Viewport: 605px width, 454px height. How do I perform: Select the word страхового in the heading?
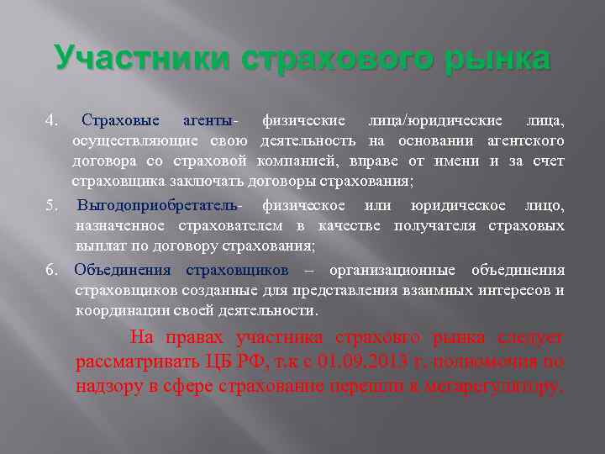[326, 60]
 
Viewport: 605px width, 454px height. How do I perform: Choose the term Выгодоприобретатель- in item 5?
[159, 205]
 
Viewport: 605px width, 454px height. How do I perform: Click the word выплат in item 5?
[97, 245]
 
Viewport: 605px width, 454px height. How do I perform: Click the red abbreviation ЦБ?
[222, 364]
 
